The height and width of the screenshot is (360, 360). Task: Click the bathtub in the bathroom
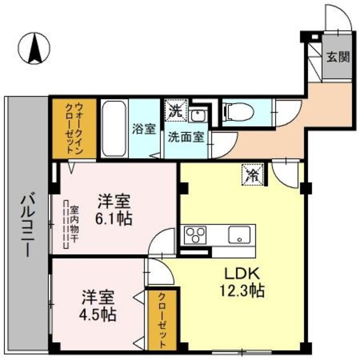click(115, 128)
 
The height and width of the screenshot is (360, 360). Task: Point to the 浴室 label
click(144, 129)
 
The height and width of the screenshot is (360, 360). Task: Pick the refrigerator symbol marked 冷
click(251, 174)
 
